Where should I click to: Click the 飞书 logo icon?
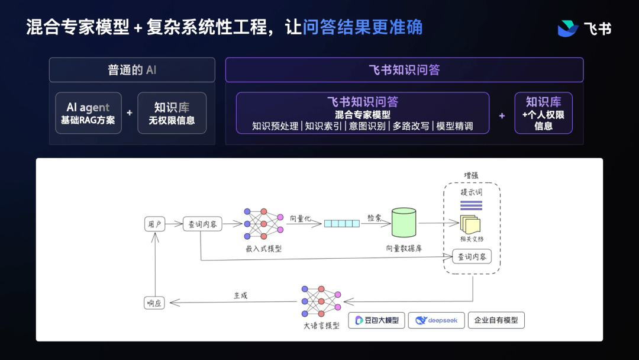[568, 28]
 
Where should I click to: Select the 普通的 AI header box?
[132, 70]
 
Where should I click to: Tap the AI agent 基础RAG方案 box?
[88, 113]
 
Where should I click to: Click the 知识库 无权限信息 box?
[172, 113]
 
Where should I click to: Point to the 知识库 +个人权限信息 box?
[543, 113]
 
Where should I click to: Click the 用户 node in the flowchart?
[154, 224]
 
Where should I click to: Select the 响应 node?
[154, 303]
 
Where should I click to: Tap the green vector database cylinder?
[404, 223]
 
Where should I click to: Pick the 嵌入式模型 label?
[263, 249]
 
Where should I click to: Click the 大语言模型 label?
[321, 326]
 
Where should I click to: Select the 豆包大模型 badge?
[377, 320]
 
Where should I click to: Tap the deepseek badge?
[436, 320]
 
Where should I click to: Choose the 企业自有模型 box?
[496, 320]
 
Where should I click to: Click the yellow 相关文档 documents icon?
[471, 224]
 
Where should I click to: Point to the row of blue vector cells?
[341, 224]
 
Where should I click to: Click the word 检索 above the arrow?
[375, 217]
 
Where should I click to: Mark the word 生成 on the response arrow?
[241, 295]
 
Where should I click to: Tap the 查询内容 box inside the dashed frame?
[472, 257]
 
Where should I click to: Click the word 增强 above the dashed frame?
[471, 176]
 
